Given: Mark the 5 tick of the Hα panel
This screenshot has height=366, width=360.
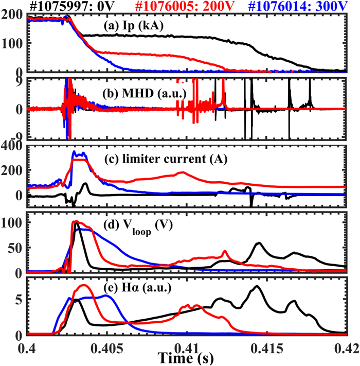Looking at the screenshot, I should click(20, 300).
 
